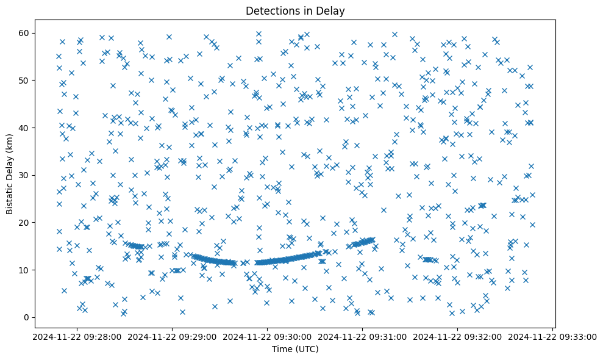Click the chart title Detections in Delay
click(x=295, y=10)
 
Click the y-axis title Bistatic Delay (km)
click(x=10, y=174)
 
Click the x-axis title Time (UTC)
click(x=295, y=349)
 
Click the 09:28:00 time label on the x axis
click(x=76, y=336)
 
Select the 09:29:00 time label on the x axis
click(x=172, y=336)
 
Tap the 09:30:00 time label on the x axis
click(x=267, y=336)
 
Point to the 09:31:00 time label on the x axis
click(x=363, y=336)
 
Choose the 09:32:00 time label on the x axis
click(x=458, y=336)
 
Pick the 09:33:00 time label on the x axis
click(x=553, y=336)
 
